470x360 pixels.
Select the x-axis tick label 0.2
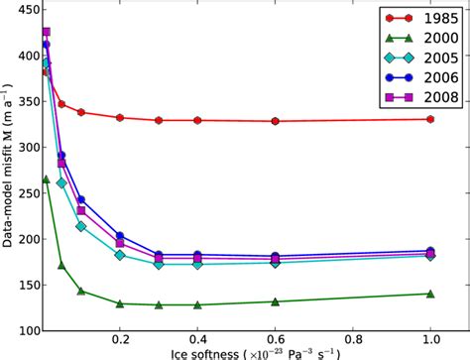120,341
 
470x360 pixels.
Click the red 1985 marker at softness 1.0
430,119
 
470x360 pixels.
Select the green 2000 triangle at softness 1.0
430,294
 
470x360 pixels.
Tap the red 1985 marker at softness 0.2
120,117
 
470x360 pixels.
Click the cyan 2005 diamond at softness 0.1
81,226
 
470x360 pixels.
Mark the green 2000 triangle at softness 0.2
120,303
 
